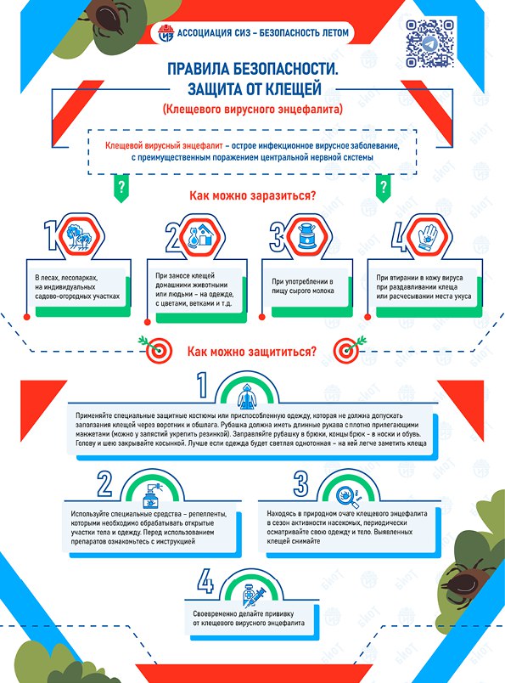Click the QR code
[x=429, y=43]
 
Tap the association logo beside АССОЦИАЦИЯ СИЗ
[x=166, y=33]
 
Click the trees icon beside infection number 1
[x=79, y=237]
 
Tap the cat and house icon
[x=199, y=237]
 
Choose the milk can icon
[x=308, y=237]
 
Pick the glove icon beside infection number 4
[x=427, y=237]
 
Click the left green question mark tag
[x=121, y=189]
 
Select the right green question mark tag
[x=383, y=189]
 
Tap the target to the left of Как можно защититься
[x=157, y=350]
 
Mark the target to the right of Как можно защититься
[x=348, y=350]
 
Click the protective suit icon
[x=247, y=396]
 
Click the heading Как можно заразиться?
[x=253, y=195]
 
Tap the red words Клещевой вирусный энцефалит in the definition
[x=164, y=146]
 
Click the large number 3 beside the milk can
[x=278, y=237]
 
